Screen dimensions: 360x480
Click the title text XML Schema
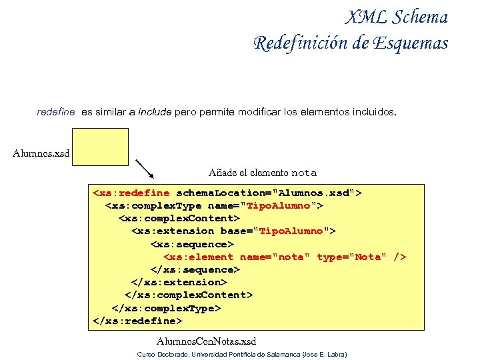point(397,17)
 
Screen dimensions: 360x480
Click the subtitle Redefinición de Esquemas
point(351,43)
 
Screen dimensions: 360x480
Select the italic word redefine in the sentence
point(56,113)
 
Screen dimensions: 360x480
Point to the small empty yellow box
point(101,147)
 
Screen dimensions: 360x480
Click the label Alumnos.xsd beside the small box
point(41,154)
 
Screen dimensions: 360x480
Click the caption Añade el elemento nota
point(262,173)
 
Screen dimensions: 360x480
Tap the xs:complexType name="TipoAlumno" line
point(214,206)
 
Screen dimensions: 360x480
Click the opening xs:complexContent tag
point(179,219)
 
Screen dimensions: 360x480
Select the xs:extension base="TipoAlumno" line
point(233,231)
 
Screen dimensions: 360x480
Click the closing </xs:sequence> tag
point(195,270)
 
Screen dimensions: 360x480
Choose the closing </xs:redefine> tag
point(137,321)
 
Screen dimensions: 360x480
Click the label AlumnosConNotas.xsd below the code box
point(211,341)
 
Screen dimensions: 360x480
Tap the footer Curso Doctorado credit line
point(242,354)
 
